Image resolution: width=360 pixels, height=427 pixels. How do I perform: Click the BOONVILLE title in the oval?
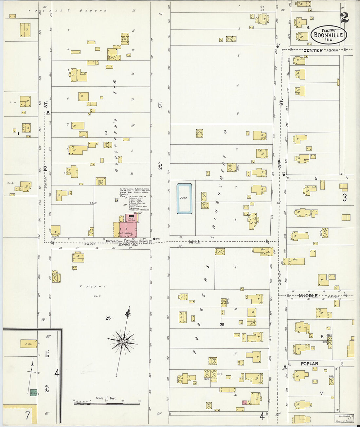pyautogui.click(x=328, y=35)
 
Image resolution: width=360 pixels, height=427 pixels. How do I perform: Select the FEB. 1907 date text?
pyautogui.click(x=329, y=30)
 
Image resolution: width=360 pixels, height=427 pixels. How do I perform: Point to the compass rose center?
pyautogui.click(x=123, y=342)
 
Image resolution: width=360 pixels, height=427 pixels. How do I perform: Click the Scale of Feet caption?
pyautogui.click(x=106, y=398)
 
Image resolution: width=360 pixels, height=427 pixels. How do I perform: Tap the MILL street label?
pyautogui.click(x=194, y=242)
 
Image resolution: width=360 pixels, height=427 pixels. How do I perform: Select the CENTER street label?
pyautogui.click(x=313, y=50)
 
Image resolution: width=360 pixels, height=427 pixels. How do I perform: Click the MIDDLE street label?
pyautogui.click(x=308, y=296)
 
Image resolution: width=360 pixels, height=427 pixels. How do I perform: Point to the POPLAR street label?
pyautogui.click(x=309, y=364)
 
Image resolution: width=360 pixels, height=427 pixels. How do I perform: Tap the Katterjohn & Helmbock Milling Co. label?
pyautogui.click(x=129, y=241)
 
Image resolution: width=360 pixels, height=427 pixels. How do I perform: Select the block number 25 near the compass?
pyautogui.click(x=108, y=318)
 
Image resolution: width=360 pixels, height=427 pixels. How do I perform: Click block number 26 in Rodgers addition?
pyautogui.click(x=222, y=325)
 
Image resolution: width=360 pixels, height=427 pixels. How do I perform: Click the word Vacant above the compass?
pyautogui.click(x=93, y=287)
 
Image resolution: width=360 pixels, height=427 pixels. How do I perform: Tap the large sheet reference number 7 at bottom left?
pyautogui.click(x=27, y=416)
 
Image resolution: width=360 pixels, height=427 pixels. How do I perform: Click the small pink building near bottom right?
pyautogui.click(x=244, y=402)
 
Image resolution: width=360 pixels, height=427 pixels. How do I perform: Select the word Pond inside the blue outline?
pyautogui.click(x=184, y=198)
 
